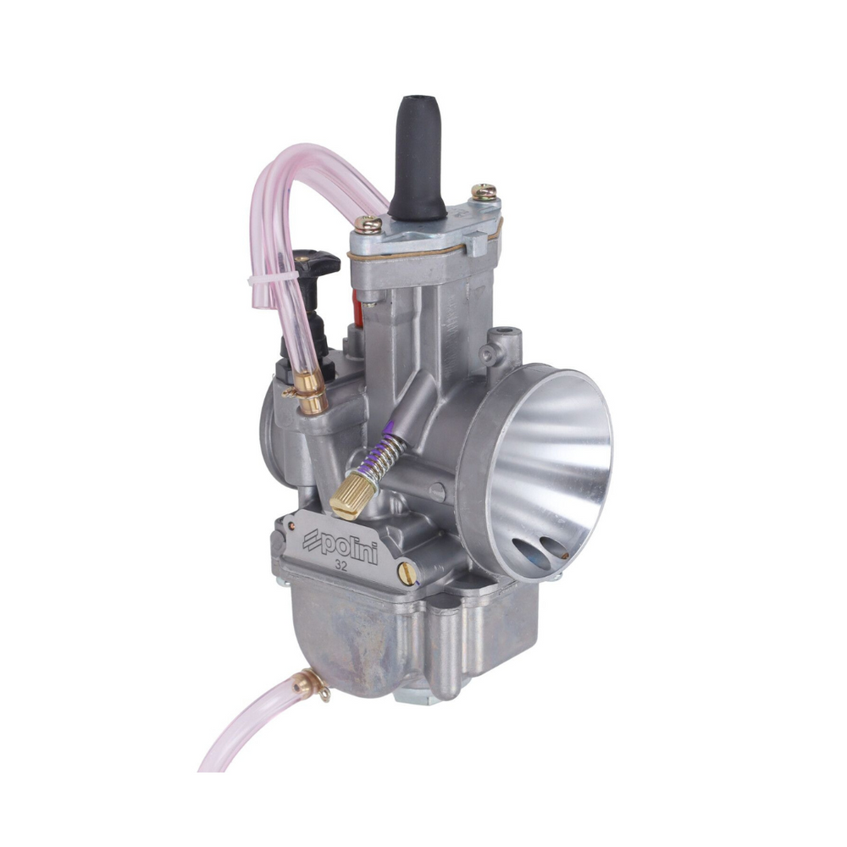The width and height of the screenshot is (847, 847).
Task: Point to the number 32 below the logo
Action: (x=340, y=566)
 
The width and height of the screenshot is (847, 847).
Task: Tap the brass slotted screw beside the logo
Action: (x=408, y=573)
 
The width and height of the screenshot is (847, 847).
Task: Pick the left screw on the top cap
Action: (x=368, y=223)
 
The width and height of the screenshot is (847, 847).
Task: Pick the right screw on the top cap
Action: (x=484, y=191)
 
